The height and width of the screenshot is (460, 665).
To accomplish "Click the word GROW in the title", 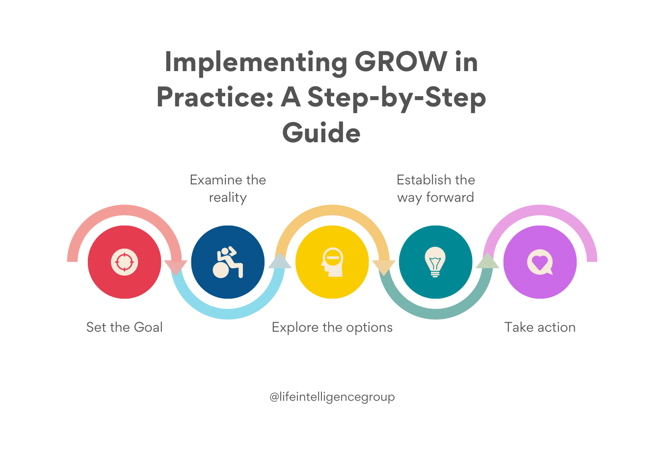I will (x=400, y=62).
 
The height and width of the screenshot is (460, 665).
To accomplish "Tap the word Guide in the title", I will (x=321, y=133).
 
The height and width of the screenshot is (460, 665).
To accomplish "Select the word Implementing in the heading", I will (x=255, y=62).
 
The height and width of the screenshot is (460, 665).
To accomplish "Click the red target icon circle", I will (x=125, y=262).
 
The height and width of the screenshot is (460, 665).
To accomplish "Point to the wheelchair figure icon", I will (x=228, y=262).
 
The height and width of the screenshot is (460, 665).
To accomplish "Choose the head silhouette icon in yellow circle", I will (x=332, y=262).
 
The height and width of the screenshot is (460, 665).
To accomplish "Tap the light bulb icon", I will (x=435, y=262).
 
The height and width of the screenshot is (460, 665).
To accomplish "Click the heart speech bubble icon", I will (x=540, y=262).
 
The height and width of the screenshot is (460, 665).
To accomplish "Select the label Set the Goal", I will (x=124, y=327).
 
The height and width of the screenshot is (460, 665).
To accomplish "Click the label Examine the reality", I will (x=228, y=188).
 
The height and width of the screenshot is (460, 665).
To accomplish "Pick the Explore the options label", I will (x=332, y=327).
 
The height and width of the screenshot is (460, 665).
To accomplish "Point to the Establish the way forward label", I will (x=436, y=188).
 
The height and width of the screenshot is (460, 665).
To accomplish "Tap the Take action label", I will (x=540, y=327).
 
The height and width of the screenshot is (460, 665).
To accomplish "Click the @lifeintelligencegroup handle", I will (x=332, y=397).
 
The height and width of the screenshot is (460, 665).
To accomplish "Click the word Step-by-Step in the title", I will (x=397, y=98).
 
